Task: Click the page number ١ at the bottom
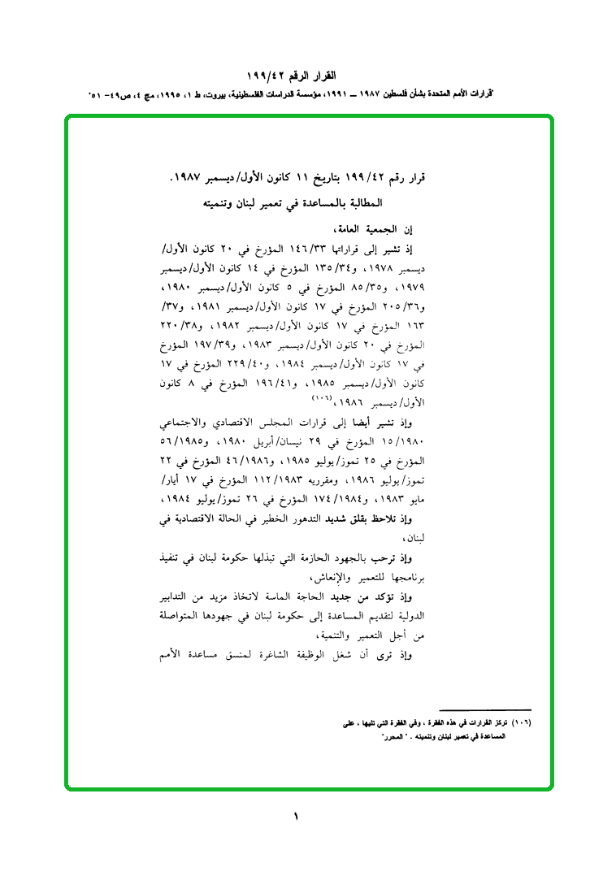coord(296,816)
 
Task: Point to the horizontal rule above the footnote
coord(484,709)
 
